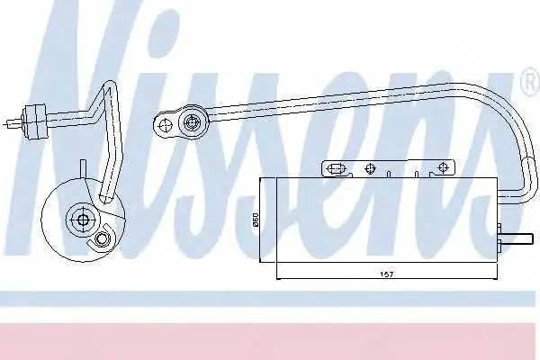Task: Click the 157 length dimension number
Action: click(386, 274)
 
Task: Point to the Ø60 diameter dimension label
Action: click(256, 220)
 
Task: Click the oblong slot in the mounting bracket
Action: click(335, 169)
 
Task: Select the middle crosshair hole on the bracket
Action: click(370, 168)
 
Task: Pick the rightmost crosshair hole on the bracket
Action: click(443, 167)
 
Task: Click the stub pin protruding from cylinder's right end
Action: click(517, 238)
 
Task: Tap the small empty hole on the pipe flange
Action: click(166, 125)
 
